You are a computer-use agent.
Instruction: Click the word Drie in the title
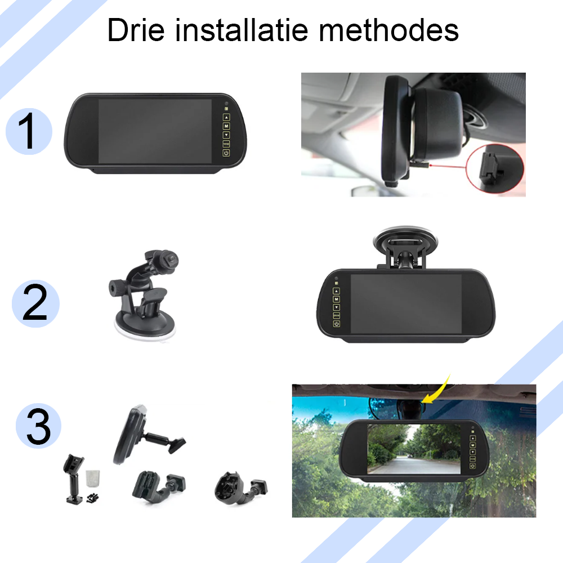136,30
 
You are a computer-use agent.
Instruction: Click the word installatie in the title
242,30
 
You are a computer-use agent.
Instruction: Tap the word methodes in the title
388,30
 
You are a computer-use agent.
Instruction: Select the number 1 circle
29,131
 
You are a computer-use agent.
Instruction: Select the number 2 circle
35,303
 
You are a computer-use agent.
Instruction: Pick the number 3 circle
38,426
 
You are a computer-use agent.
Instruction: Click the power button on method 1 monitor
226,153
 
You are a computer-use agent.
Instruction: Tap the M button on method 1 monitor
226,126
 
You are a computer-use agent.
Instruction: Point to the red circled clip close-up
495,168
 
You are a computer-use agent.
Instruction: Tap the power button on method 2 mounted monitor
337,324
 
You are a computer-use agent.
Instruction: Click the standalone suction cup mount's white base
145,329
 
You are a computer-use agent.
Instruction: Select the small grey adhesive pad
93,478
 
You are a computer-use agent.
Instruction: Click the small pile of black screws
93,498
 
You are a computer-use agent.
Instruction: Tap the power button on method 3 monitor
472,466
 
